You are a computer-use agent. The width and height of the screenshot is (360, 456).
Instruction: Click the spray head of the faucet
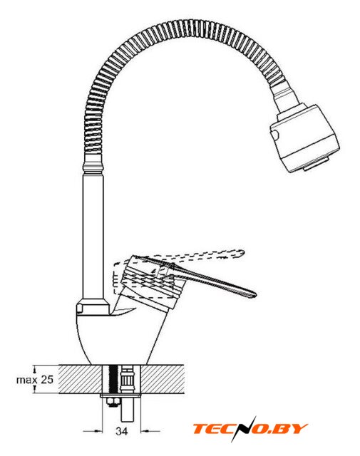tap(304, 139)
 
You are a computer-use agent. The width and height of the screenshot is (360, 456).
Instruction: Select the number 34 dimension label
tap(122, 430)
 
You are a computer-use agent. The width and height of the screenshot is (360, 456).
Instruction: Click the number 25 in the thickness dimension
tap(47, 380)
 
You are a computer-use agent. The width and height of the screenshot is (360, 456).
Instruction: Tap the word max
tap(27, 380)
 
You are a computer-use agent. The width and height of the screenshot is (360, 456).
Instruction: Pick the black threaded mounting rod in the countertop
tap(113, 378)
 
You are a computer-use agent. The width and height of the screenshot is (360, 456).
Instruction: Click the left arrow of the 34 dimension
tap(93, 430)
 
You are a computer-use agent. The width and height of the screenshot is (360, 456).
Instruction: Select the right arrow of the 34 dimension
tap(150, 430)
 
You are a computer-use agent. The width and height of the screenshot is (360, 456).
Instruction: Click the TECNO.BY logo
tap(250, 429)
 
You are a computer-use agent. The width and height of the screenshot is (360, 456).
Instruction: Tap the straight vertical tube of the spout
tap(93, 235)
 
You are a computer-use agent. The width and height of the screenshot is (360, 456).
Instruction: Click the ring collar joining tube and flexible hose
tap(93, 167)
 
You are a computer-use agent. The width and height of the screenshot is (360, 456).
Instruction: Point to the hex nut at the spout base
tap(93, 306)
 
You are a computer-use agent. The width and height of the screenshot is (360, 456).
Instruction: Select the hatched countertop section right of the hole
tap(163, 379)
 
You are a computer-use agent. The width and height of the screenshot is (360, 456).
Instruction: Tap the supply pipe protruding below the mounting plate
tap(127, 410)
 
